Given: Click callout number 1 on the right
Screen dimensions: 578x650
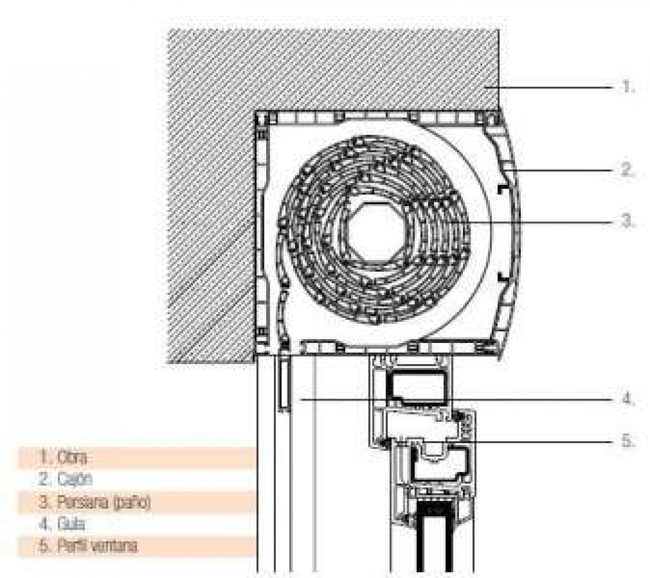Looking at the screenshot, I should (628, 86).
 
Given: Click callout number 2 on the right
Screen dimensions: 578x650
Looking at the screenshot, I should (628, 169).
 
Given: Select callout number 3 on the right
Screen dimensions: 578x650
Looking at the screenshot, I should (628, 222).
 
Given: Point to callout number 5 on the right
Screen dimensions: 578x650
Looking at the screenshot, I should (628, 441).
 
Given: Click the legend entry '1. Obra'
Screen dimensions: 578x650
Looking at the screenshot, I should (63, 457).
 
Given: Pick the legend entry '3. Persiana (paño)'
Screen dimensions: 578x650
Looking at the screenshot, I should (95, 502).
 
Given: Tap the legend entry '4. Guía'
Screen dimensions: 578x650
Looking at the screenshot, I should (62, 524).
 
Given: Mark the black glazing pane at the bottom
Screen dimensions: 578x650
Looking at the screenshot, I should (435, 540).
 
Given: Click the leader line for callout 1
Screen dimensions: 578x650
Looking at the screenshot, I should (552, 87).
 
